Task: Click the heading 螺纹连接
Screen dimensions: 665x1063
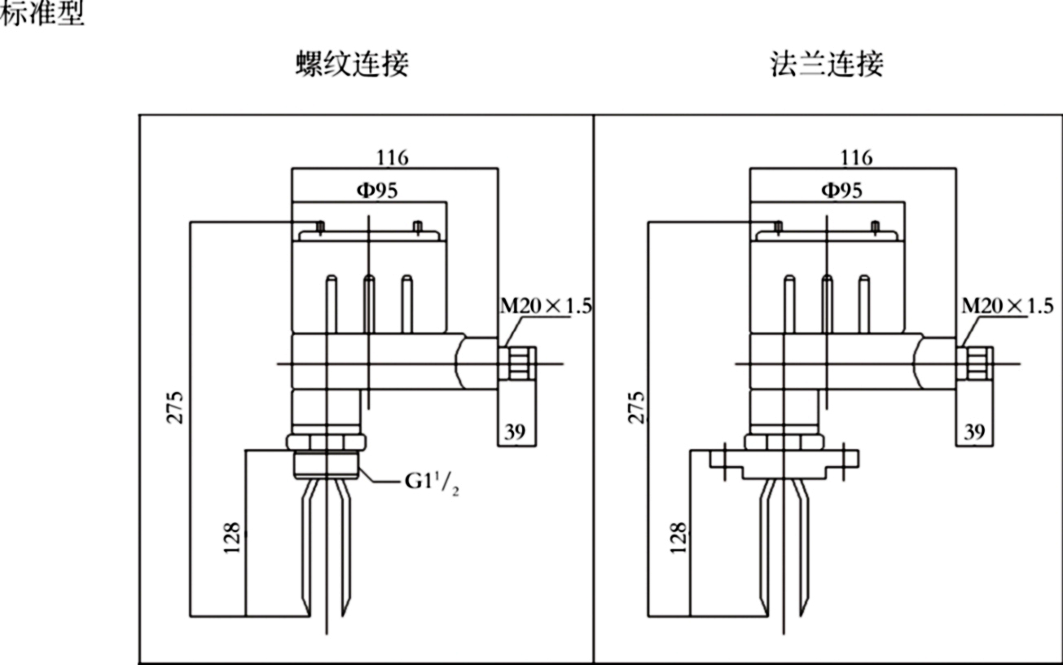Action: (x=351, y=64)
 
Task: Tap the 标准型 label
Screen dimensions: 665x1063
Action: (x=41, y=14)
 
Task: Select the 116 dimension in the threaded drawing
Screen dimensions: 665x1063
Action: (x=392, y=156)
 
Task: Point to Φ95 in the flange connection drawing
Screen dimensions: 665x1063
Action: (x=840, y=190)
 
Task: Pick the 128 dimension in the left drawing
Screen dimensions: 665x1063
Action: (x=231, y=539)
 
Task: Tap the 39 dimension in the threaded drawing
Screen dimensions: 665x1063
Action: (x=514, y=432)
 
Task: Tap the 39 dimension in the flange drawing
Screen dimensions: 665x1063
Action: (x=974, y=432)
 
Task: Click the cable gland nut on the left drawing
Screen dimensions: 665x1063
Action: (x=518, y=362)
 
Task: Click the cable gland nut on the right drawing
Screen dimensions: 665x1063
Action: (x=975, y=362)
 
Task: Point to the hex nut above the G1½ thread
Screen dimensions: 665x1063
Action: (x=325, y=441)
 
